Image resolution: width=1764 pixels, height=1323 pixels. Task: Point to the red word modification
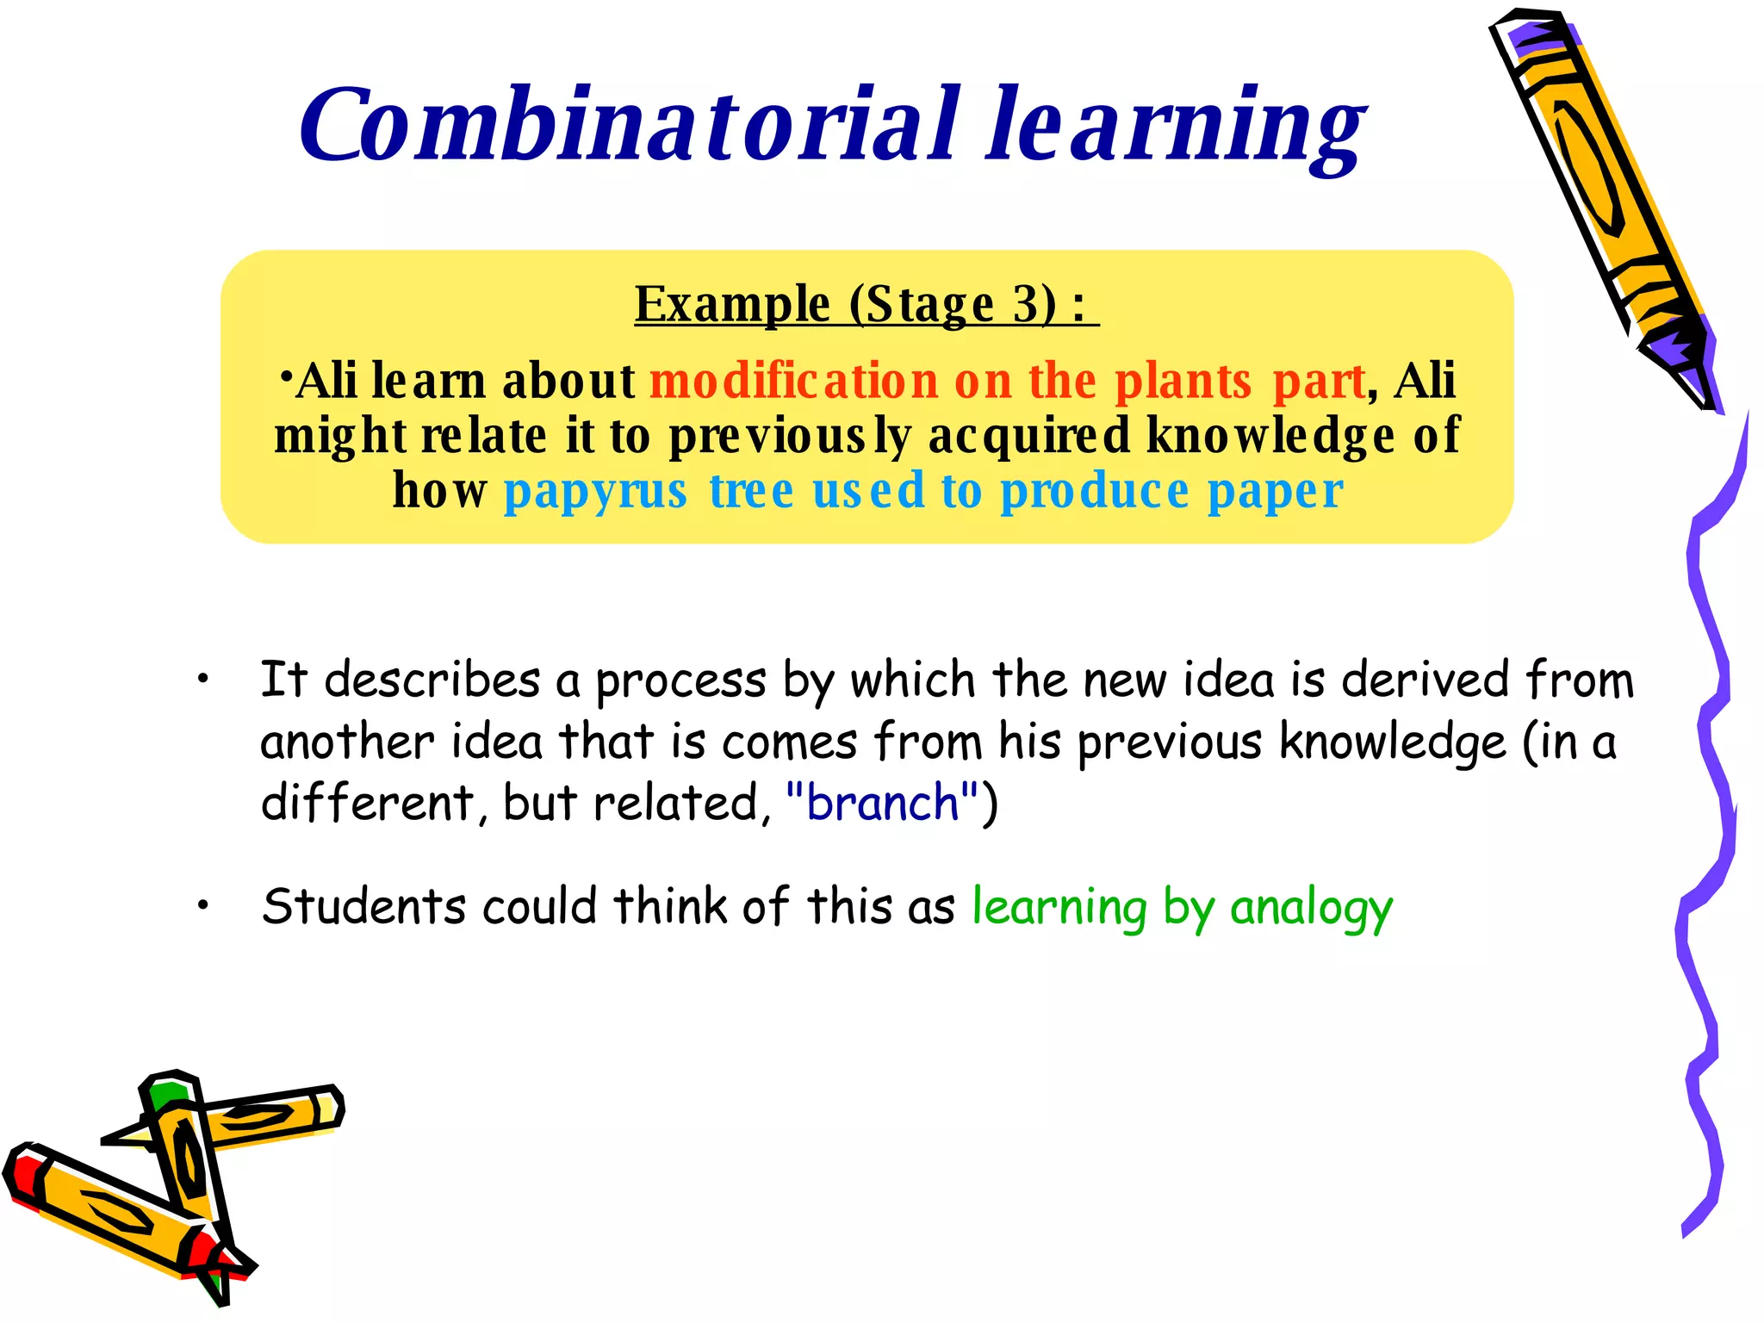click(x=793, y=381)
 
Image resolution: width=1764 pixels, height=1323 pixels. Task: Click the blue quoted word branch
click(x=883, y=803)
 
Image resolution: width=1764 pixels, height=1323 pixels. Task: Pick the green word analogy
click(x=1311, y=908)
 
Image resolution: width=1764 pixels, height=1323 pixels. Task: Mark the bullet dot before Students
click(x=203, y=905)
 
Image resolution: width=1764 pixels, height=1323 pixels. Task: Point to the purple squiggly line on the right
click(x=1710, y=775)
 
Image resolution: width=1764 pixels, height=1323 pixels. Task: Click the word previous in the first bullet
click(x=1168, y=742)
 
